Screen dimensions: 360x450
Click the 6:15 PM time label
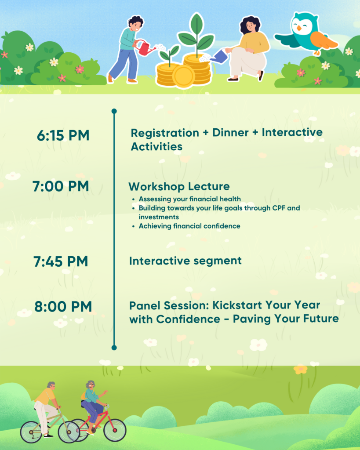coord(63,135)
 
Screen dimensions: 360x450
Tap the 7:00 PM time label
coord(61,186)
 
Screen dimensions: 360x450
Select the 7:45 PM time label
coord(61,261)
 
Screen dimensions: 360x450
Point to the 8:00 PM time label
coord(63,306)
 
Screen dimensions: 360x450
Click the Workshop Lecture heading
coord(179,186)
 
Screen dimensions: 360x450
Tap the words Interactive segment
coord(185,261)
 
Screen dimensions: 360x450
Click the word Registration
coord(165,133)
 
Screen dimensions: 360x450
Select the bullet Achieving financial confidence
coord(189,226)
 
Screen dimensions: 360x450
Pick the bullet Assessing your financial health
coord(190,199)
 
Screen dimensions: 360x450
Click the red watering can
coord(146,48)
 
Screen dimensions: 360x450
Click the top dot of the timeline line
coord(114,111)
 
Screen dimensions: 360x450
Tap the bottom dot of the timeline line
coord(114,348)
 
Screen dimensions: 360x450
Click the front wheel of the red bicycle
coord(115,430)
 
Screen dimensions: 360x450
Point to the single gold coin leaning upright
coord(184,76)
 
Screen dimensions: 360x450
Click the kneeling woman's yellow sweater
coord(254,42)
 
